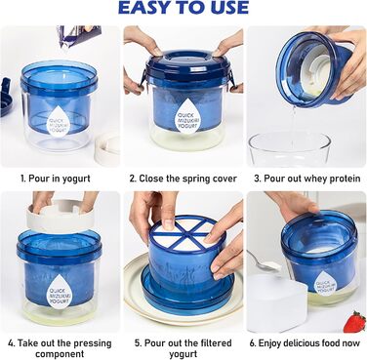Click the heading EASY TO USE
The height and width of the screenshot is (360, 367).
pyautogui.click(x=183, y=8)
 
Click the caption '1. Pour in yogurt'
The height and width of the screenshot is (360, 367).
pyautogui.click(x=56, y=179)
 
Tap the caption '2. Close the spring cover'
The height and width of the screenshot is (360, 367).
pyautogui.click(x=183, y=179)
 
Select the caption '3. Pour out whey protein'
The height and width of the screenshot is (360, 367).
pyautogui.click(x=307, y=179)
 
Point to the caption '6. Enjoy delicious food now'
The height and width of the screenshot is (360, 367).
pyautogui.click(x=305, y=343)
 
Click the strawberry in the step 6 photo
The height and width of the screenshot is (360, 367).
pyautogui.click(x=354, y=321)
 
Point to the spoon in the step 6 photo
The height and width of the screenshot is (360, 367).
pyautogui.click(x=264, y=261)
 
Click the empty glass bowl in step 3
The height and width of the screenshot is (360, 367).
pyautogui.click(x=289, y=149)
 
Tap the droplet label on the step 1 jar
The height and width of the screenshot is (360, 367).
pyautogui.click(x=59, y=121)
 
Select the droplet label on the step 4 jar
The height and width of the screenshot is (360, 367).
pyautogui.click(x=61, y=292)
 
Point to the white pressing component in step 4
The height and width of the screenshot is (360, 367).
pyautogui.click(x=61, y=216)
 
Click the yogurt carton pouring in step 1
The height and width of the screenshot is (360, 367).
pyautogui.click(x=79, y=35)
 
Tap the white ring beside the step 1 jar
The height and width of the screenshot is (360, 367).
pyautogui.click(x=107, y=148)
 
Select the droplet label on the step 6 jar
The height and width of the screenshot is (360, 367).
pyautogui.click(x=326, y=287)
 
